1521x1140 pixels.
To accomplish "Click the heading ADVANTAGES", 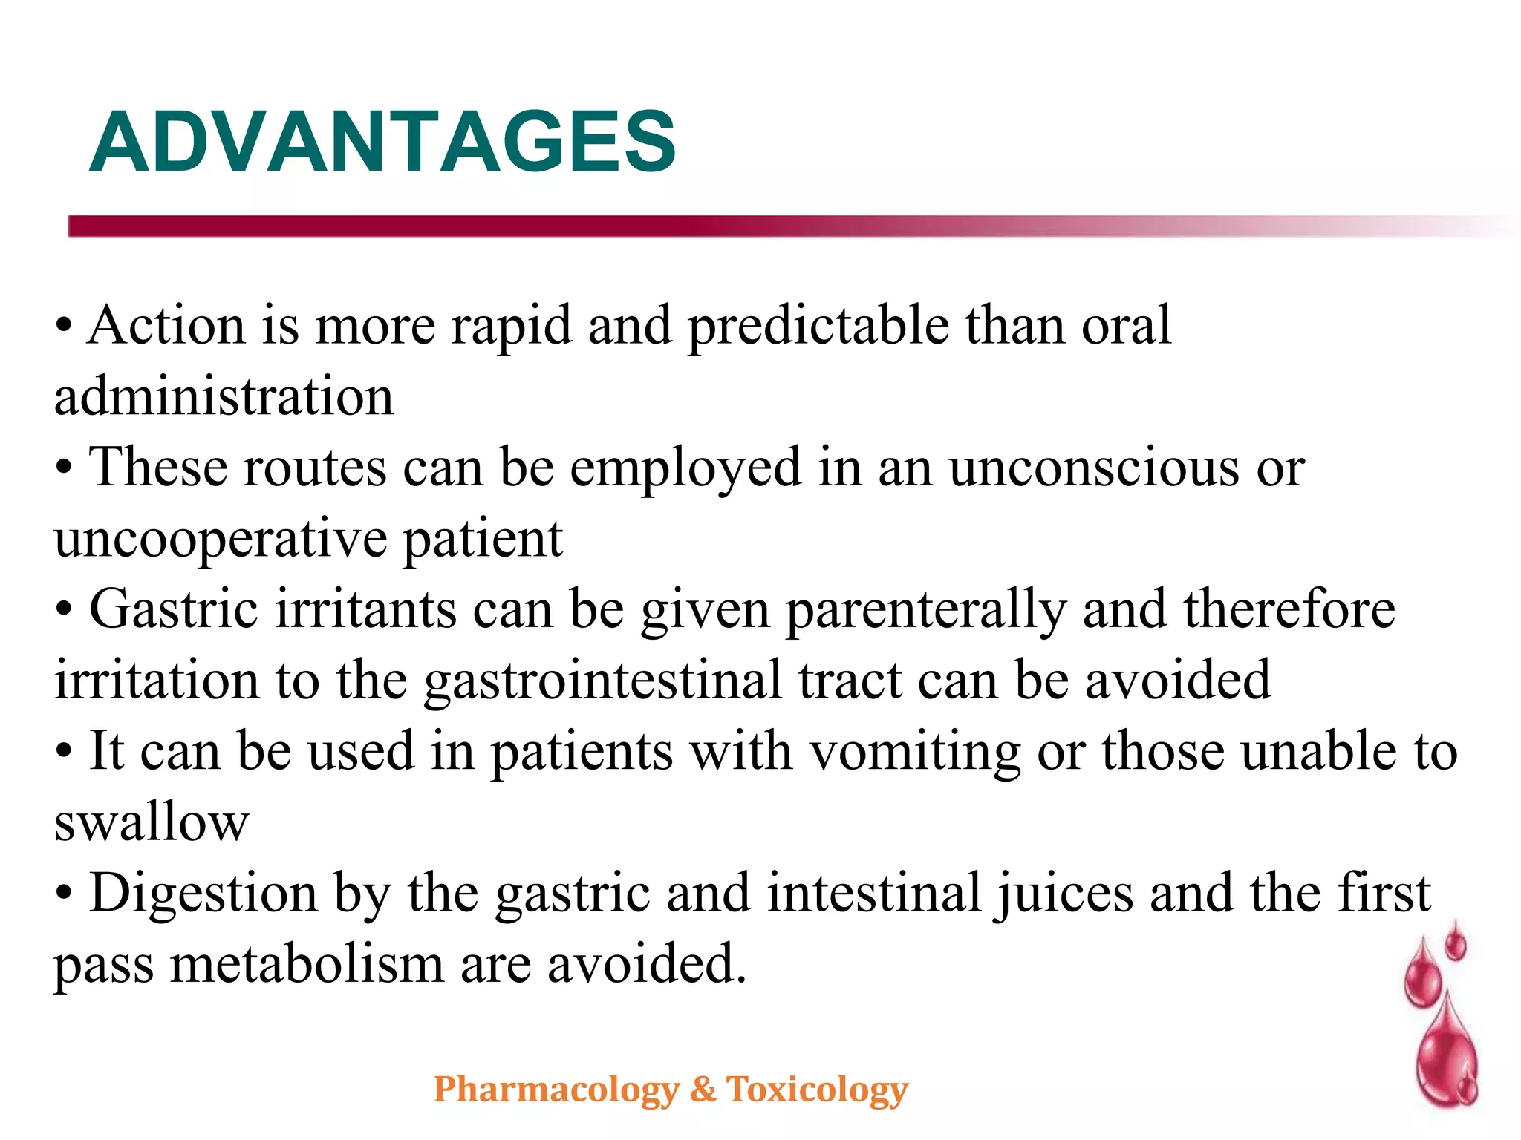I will pyautogui.click(x=382, y=142).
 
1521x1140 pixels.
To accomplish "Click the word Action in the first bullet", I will pyautogui.click(x=166, y=326).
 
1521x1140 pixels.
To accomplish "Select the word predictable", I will pyautogui.click(x=818, y=326).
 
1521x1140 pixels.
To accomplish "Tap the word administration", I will pyautogui.click(x=224, y=397).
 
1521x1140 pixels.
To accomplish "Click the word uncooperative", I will pyautogui.click(x=221, y=540).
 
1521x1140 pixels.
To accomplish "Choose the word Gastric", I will pyautogui.click(x=174, y=610).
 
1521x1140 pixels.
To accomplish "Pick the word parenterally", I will pyautogui.click(x=925, y=610).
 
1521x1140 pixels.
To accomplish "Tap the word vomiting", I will pyautogui.click(x=915, y=751).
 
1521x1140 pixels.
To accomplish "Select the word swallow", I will pyautogui.click(x=152, y=822).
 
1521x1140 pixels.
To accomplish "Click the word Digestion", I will pyautogui.click(x=203, y=893).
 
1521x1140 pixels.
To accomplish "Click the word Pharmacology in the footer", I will pyautogui.click(x=556, y=1090).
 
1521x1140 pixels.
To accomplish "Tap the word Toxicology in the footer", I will pyautogui.click(x=817, y=1090).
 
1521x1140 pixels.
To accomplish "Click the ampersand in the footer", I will pyautogui.click(x=703, y=1090).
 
